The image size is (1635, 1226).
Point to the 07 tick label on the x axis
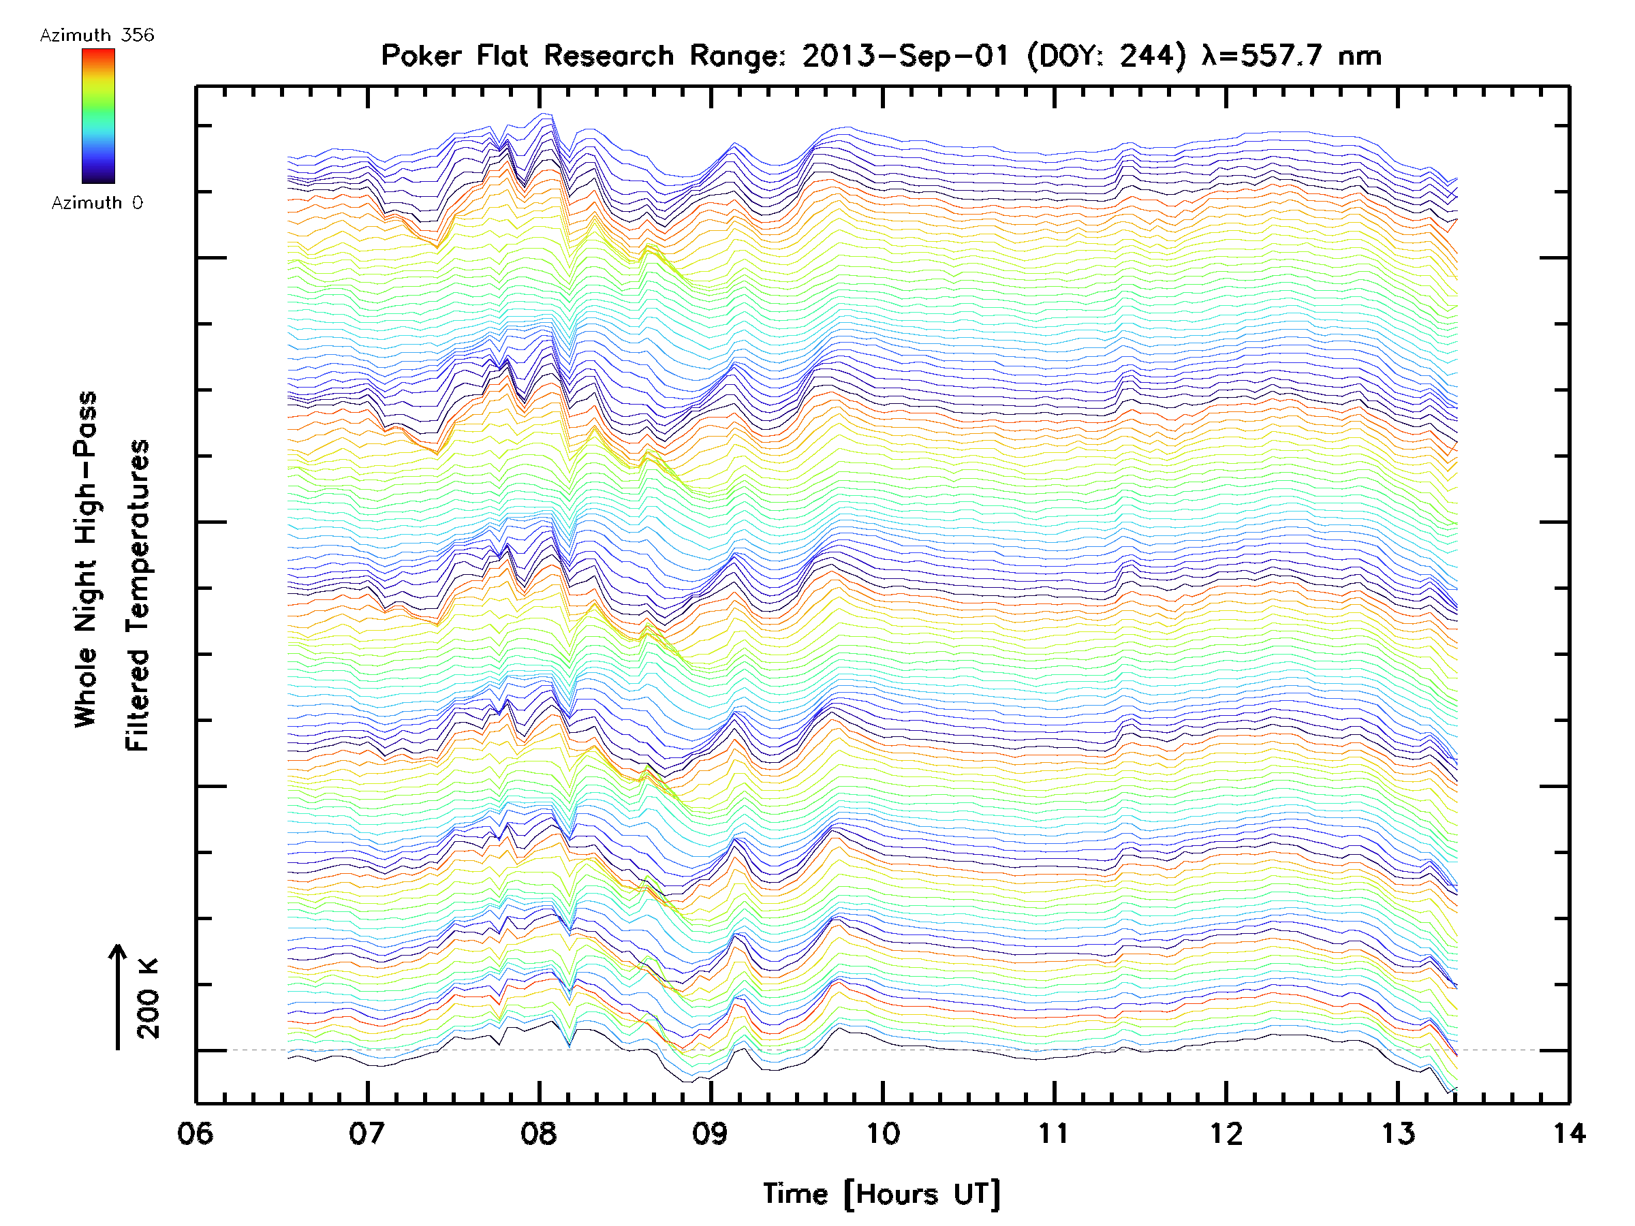click(367, 1133)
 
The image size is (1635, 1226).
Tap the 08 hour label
click(539, 1133)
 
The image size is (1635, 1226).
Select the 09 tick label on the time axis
click(711, 1133)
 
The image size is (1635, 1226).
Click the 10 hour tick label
click(882, 1133)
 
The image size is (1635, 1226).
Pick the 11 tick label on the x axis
click(1054, 1133)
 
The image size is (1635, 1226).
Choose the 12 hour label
click(1226, 1133)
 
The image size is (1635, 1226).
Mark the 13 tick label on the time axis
click(1398, 1133)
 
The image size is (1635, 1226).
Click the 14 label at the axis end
click(1568, 1133)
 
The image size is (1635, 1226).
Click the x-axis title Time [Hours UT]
click(882, 1194)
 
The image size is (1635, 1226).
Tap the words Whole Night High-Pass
click(86, 559)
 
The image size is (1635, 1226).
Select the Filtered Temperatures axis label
click(138, 595)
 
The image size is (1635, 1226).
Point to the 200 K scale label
click(149, 999)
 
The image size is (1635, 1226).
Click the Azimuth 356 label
click(97, 35)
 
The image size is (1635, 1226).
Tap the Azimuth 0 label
click(97, 202)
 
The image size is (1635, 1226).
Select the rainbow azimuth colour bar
click(98, 116)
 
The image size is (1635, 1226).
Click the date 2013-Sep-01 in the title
click(905, 55)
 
